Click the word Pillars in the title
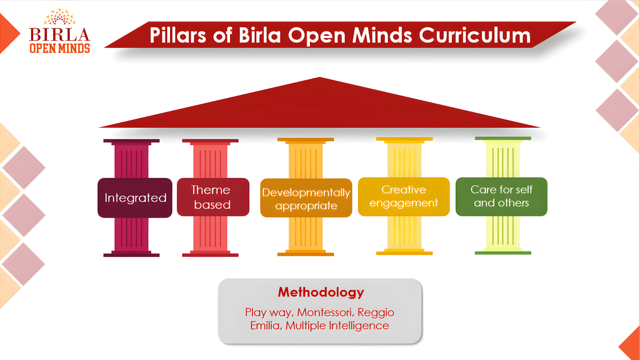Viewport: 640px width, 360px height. pos(178,35)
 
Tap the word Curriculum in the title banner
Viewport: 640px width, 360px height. pos(475,35)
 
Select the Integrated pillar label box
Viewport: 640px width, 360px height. pos(135,198)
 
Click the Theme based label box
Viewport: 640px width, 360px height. pos(213,197)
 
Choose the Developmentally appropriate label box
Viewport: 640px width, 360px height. pos(306,198)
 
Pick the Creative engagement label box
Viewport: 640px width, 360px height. pos(404,197)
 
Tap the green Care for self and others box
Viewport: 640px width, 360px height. pos(501,197)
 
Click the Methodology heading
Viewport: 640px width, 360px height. pos(321,292)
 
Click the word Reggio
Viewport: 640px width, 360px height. pos(376,313)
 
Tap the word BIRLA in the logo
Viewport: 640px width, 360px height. pos(59,35)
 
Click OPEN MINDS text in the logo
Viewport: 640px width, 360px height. pos(60,49)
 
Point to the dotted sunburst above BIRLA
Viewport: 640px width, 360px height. pos(60,17)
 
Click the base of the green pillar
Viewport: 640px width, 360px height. pos(503,252)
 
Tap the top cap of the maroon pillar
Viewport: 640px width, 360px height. pos(131,141)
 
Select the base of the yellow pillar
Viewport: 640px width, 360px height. pos(404,253)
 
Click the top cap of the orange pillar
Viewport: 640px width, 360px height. pos(305,140)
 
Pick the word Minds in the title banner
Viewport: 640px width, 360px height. pos(382,35)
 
